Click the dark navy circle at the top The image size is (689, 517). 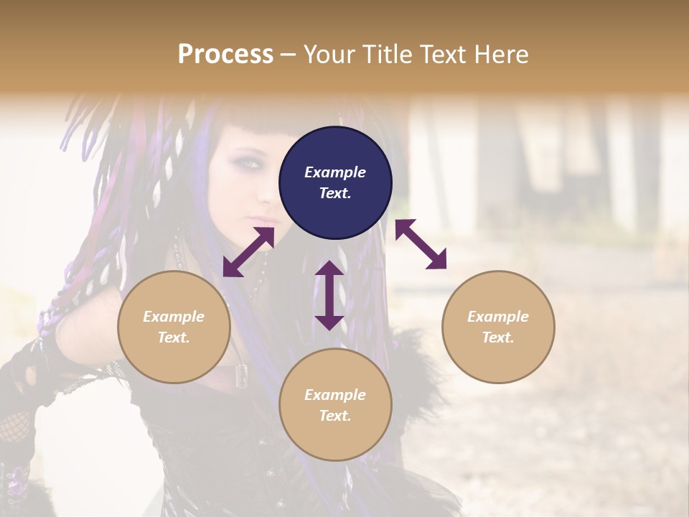pos(335,183)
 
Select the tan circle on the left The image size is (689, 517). pos(174,327)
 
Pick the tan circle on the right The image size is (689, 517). pos(498,327)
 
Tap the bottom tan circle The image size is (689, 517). pos(335,405)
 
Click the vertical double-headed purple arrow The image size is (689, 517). pos(329,295)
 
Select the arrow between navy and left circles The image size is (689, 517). pos(248,252)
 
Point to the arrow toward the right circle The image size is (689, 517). pos(421,244)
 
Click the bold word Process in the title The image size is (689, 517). pos(225,54)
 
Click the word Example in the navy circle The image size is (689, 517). pos(335,172)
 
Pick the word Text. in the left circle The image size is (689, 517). pos(174,337)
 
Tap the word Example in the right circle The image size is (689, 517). pos(498,317)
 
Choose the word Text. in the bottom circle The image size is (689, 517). pos(335,416)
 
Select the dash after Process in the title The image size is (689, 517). pos(289,55)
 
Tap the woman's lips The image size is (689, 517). pos(267,219)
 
